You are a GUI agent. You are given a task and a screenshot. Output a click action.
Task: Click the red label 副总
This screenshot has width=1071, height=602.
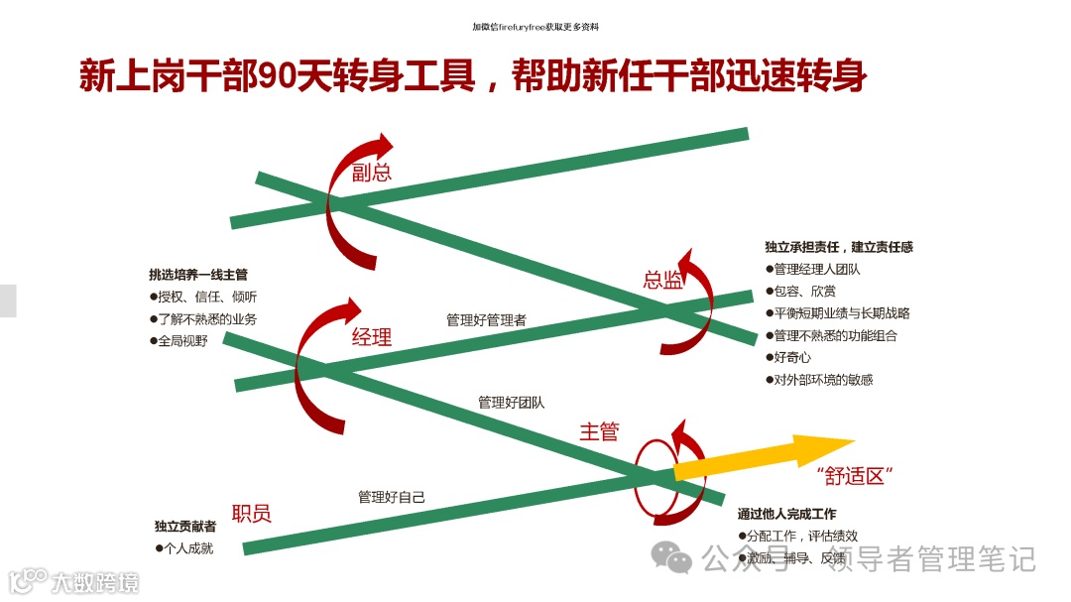point(372,173)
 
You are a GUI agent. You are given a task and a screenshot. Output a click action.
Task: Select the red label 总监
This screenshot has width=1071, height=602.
point(662,281)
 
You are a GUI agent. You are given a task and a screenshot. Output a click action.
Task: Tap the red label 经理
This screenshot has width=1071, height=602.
point(372,337)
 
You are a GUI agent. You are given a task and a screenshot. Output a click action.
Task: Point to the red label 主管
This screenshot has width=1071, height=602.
point(599,431)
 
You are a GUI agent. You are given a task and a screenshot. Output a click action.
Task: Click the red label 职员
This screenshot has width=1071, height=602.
point(251,513)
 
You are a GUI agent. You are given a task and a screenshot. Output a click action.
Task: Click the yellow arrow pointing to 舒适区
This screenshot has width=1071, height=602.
point(764,455)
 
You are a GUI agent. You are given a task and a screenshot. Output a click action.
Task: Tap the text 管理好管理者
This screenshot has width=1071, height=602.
point(486,320)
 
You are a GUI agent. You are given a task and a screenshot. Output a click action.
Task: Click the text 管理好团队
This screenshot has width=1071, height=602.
point(511,403)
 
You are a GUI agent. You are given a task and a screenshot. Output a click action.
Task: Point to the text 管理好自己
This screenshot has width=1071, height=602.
point(392,497)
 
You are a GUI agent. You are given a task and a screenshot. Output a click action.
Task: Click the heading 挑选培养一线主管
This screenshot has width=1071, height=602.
point(198,275)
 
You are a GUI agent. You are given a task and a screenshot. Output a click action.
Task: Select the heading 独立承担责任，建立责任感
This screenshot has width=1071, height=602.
point(839,247)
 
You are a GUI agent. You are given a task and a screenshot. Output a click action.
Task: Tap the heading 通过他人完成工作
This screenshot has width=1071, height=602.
point(786,514)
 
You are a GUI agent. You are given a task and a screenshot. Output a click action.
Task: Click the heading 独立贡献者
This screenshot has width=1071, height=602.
point(185,527)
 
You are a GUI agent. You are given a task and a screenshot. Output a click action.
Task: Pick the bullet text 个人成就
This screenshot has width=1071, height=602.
point(188,547)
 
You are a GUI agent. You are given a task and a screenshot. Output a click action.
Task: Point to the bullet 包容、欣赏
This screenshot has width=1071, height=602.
point(804,292)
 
